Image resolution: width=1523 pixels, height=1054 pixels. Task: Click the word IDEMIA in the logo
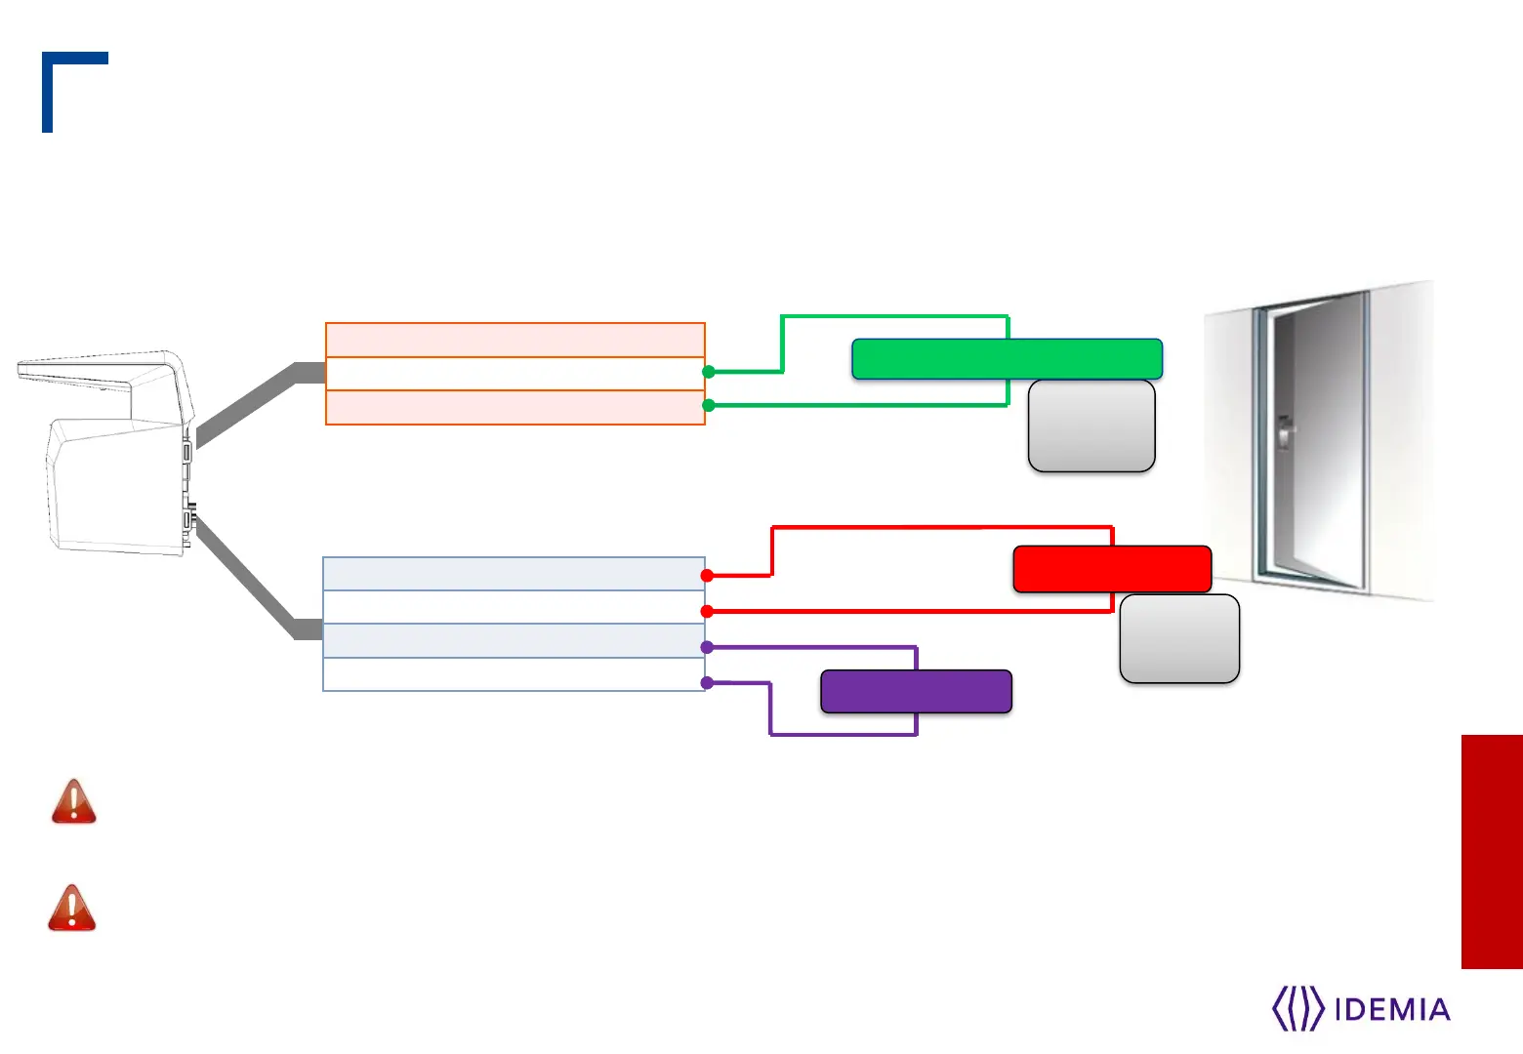(x=1391, y=1009)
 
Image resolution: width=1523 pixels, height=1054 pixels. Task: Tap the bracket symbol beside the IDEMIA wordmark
(x=1297, y=1009)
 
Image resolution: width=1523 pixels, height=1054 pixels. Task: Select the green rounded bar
(x=1007, y=359)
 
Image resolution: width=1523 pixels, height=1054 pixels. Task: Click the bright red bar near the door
(x=1112, y=569)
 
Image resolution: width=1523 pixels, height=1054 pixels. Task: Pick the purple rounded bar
(x=916, y=691)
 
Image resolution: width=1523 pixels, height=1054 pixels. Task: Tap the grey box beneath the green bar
(x=1091, y=426)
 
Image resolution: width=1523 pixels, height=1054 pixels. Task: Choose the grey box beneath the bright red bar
(x=1179, y=638)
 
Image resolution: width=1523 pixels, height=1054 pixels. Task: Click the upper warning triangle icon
(x=74, y=802)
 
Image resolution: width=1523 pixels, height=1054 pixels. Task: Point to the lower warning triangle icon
(x=72, y=909)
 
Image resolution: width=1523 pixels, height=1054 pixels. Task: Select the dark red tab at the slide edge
(x=1491, y=851)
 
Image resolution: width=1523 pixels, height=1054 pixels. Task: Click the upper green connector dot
(x=709, y=372)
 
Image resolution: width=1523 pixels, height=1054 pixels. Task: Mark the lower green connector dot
(x=709, y=405)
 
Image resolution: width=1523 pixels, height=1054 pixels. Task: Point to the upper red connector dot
(x=707, y=576)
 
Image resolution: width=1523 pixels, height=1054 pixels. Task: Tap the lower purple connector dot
(x=707, y=682)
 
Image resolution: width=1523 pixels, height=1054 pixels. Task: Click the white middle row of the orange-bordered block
(x=515, y=374)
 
